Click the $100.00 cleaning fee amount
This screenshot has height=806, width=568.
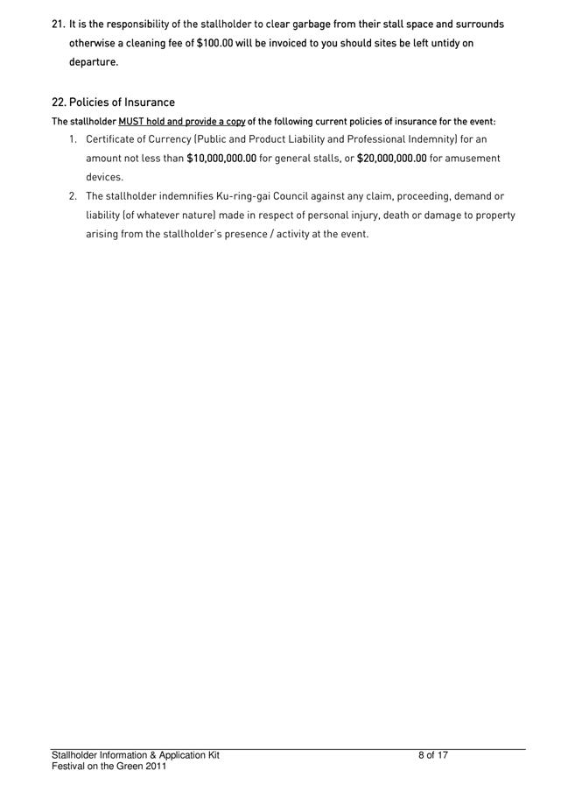click(214, 43)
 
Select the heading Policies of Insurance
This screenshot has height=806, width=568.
click(122, 103)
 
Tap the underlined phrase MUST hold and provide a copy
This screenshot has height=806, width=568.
click(181, 122)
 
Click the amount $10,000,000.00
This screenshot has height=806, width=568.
click(221, 159)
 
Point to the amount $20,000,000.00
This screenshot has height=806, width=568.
click(391, 159)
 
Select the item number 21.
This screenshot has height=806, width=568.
click(59, 25)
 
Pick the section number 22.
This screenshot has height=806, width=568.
click(59, 103)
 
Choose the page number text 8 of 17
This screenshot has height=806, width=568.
click(433, 755)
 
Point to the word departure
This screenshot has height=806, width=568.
click(93, 62)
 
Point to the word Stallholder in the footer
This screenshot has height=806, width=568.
click(75, 755)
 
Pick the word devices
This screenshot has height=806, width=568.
click(104, 178)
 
